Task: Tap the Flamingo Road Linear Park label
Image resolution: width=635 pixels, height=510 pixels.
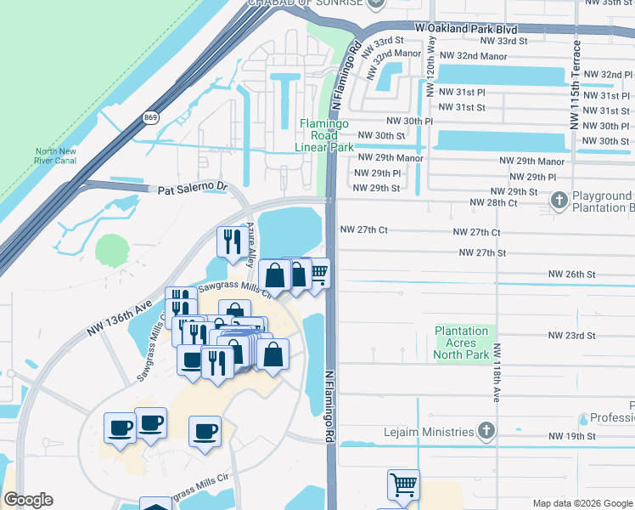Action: click(x=325, y=135)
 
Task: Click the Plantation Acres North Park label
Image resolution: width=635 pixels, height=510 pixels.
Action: click(x=461, y=343)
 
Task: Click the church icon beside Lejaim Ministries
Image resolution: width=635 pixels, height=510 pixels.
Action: click(x=486, y=430)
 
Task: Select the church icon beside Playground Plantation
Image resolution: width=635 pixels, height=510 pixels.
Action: click(x=559, y=201)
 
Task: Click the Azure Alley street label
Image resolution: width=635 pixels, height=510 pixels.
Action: click(x=251, y=246)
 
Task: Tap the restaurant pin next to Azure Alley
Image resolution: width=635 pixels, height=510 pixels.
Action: click(x=229, y=241)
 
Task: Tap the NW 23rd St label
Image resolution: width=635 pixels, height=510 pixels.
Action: click(x=571, y=336)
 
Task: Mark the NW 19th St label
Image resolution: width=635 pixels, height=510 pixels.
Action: click(x=571, y=436)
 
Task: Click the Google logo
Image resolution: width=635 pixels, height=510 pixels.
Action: click(x=29, y=500)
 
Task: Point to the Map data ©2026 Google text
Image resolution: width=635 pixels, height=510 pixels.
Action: click(x=582, y=503)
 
